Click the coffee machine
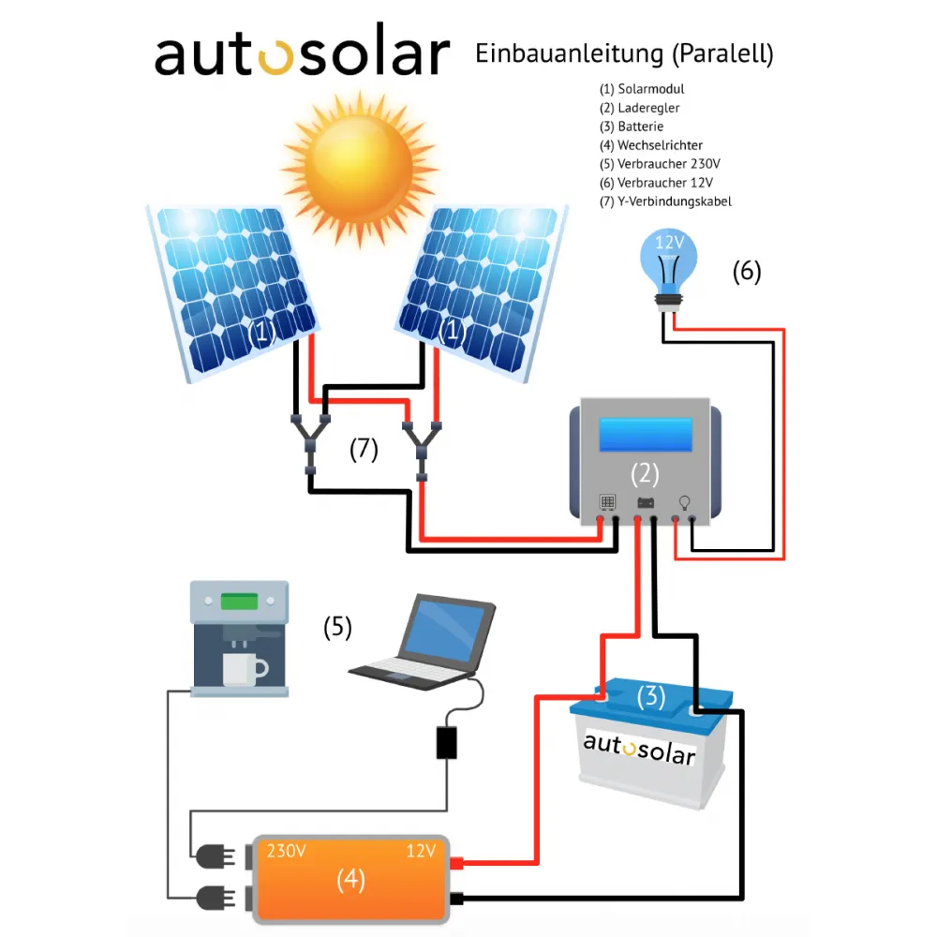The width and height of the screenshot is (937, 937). coord(239,637)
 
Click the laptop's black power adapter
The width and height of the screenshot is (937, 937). coord(447,741)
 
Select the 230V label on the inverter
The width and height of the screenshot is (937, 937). coord(287,852)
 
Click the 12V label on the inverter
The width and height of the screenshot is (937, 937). coord(420,852)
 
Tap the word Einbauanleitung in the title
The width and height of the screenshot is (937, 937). coord(569,54)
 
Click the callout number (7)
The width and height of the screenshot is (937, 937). coord(364,450)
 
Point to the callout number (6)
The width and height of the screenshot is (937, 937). coord(747,273)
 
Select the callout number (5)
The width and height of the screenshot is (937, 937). coord(337,627)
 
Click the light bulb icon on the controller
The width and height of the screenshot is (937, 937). coord(684,502)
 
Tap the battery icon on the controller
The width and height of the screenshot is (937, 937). coord(647,503)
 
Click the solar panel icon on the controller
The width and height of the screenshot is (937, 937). coord(607,503)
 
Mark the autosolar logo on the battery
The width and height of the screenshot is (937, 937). coord(639,750)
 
